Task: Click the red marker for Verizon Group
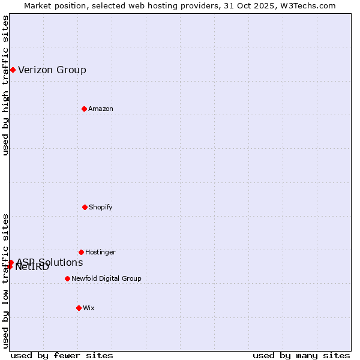[x=13, y=70]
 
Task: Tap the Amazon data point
[x=84, y=109]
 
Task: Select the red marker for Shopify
[x=85, y=207]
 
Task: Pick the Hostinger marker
[x=81, y=252]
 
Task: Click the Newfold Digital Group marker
[x=67, y=278]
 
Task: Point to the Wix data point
[x=79, y=308]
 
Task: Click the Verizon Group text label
[x=52, y=70]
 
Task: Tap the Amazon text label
[x=101, y=109]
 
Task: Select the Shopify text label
[x=101, y=208]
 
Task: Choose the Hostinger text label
[x=100, y=253]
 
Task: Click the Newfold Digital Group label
[x=106, y=279]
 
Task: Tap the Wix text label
[x=89, y=308]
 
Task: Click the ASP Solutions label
[x=50, y=262]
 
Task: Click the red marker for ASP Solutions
[x=11, y=262]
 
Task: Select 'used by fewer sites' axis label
[x=62, y=355]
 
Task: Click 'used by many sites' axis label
[x=301, y=355]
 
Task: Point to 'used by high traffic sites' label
[x=6, y=85]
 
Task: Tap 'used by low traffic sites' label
[x=6, y=281]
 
